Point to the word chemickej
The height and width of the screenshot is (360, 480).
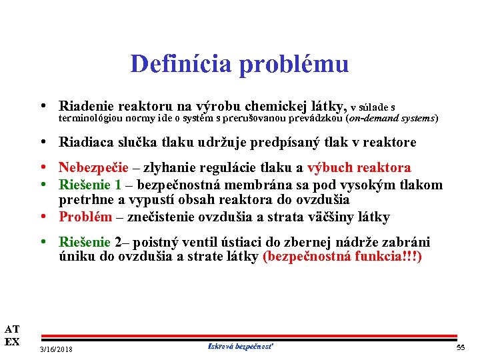pos(276,106)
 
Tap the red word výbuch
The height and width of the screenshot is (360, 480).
pos(330,167)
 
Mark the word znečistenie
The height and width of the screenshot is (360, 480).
pos(157,217)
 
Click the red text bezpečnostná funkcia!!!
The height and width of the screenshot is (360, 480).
pos(343,257)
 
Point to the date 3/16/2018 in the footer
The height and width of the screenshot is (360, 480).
pos(57,349)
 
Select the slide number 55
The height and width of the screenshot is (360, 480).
pos(460,349)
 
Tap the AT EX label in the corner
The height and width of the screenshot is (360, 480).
pos(12,335)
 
